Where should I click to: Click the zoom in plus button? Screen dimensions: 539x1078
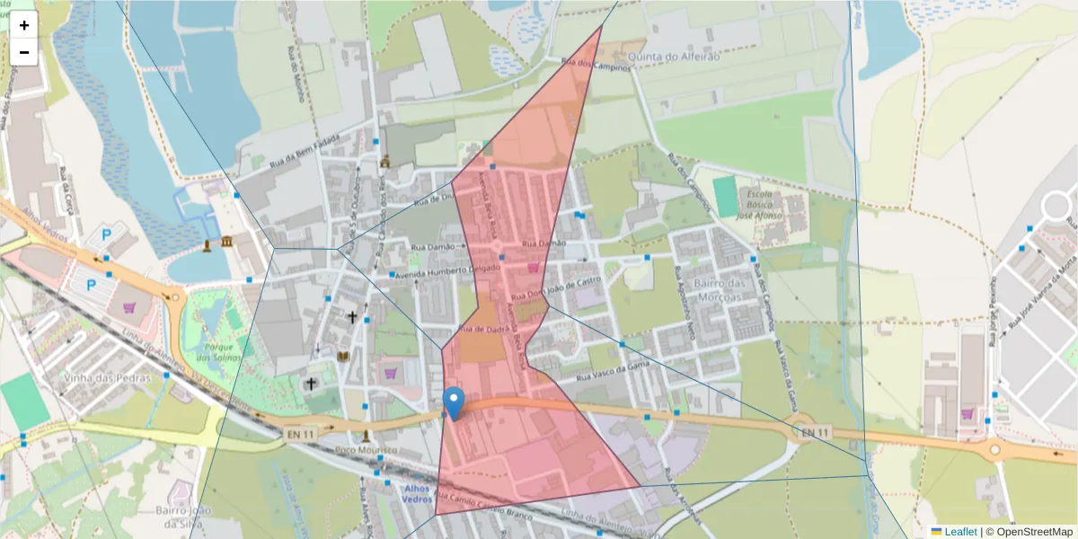(x=24, y=25)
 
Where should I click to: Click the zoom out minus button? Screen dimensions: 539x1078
(x=24, y=52)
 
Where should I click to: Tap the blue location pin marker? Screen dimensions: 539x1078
(x=455, y=403)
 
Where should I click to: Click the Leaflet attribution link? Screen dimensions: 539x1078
(x=959, y=532)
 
